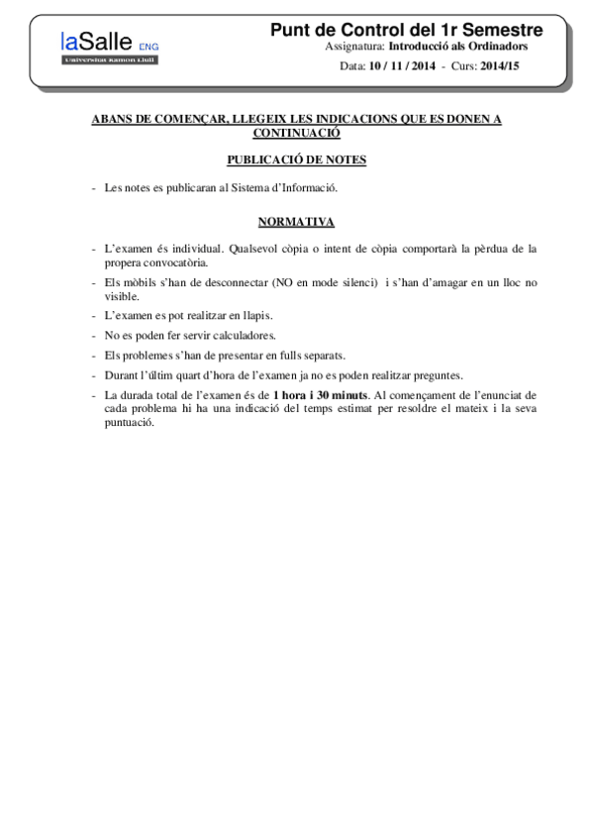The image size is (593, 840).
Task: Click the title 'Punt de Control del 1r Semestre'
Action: point(406,31)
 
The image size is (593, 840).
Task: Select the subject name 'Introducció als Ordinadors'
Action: point(457,47)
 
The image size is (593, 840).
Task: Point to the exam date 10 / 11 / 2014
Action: point(402,66)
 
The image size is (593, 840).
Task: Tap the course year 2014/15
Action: point(499,66)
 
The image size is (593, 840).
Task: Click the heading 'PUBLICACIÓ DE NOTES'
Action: point(296,158)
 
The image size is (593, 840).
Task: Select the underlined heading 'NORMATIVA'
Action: point(296,221)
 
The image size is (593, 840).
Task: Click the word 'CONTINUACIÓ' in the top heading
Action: point(296,132)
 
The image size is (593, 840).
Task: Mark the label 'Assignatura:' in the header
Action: point(354,47)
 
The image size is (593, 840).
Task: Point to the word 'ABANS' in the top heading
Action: point(113,119)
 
